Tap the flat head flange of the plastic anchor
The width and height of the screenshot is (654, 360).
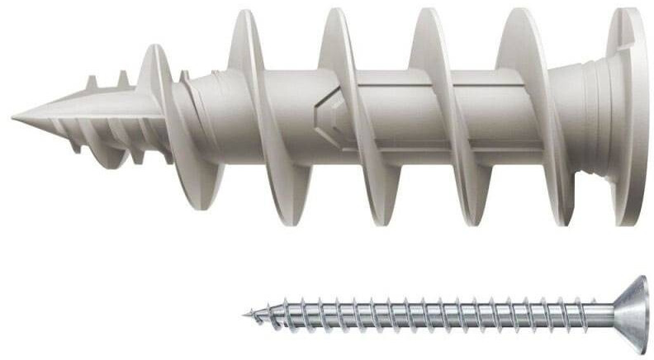628,116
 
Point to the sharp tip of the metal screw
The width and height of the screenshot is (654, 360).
247,314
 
